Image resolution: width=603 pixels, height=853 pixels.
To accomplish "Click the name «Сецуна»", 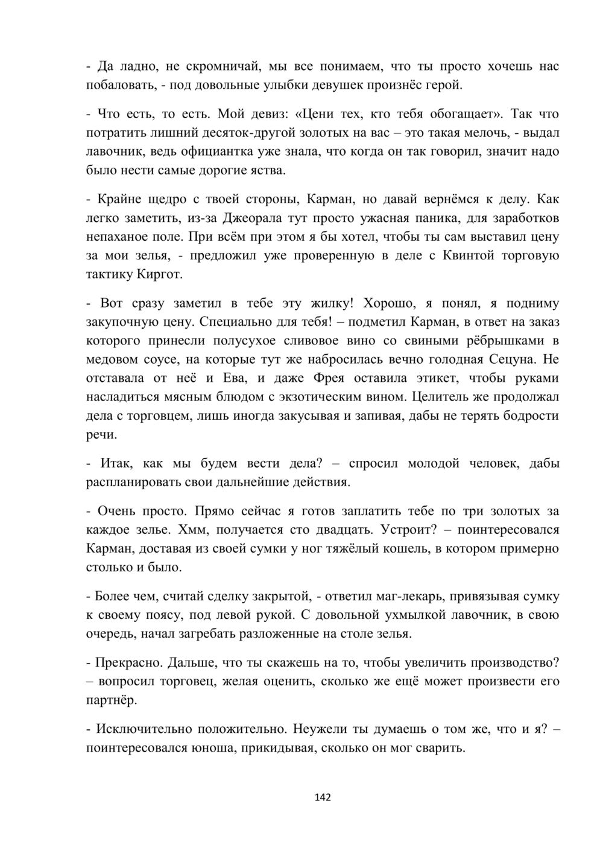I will pos(512,360).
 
